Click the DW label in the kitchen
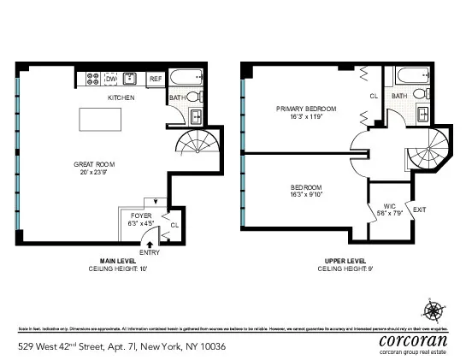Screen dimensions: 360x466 pyautogui.click(x=110, y=79)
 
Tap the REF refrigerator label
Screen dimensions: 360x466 pyautogui.click(x=155, y=79)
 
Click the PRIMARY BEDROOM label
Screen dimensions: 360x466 pyautogui.click(x=305, y=109)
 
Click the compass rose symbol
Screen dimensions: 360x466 pyautogui.click(x=434, y=310)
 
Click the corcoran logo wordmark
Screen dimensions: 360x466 pyautogui.click(x=412, y=339)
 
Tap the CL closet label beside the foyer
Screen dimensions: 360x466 pyautogui.click(x=174, y=226)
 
